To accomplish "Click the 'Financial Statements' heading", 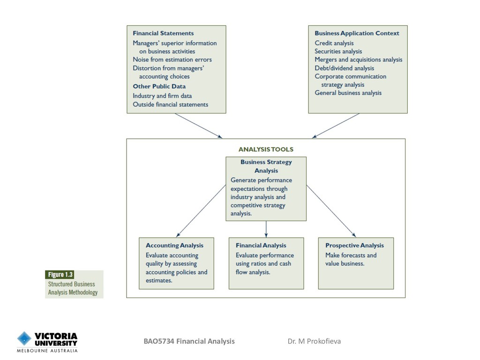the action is click(x=163, y=33).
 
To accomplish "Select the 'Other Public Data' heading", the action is click(x=159, y=86).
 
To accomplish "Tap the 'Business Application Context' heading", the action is click(x=357, y=33).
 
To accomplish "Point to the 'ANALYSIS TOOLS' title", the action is click(x=266, y=150).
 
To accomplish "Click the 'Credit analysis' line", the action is click(x=334, y=43).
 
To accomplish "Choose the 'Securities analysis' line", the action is click(x=338, y=52).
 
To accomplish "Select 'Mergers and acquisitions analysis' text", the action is click(x=359, y=60).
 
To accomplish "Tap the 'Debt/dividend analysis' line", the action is click(x=345, y=68).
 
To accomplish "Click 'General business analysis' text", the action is click(x=348, y=93).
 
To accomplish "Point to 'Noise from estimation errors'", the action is click(x=172, y=60).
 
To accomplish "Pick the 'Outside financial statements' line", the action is click(x=170, y=105).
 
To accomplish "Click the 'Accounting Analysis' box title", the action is click(x=174, y=245).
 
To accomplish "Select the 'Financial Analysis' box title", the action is click(x=261, y=245).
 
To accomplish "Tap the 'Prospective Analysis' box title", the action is click(x=354, y=245).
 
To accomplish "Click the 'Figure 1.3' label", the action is click(x=60, y=275).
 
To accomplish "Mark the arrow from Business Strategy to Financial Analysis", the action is click(x=266, y=229).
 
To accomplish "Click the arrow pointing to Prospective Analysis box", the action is click(x=331, y=211).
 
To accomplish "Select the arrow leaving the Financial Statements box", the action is click(x=198, y=126).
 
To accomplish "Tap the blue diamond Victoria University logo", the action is click(x=24, y=338).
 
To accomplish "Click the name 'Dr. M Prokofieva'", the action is click(x=314, y=341).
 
